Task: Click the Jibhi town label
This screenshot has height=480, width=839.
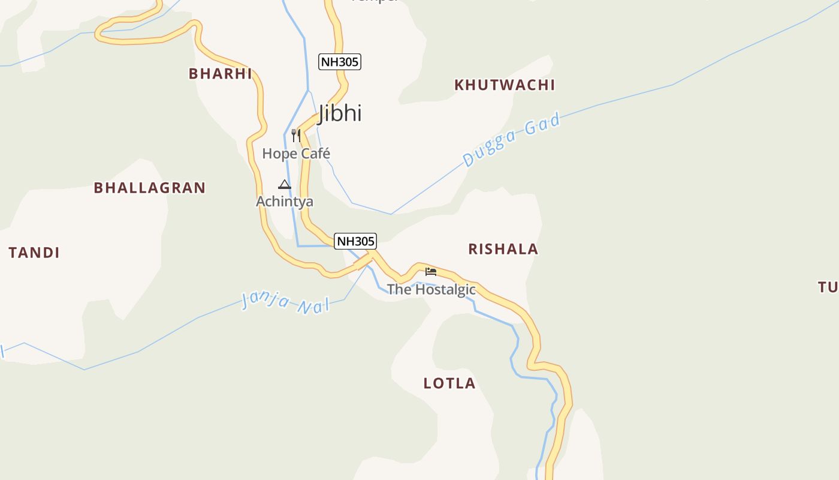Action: pos(340,113)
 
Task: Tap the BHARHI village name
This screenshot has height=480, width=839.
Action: pos(221,74)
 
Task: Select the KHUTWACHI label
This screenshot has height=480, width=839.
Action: pos(505,85)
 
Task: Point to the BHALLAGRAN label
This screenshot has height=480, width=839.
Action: pos(150,188)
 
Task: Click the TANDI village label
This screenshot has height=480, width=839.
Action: pos(34,253)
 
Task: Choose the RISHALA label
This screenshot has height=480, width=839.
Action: pos(503,249)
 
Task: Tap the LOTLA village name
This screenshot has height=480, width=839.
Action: pos(449,383)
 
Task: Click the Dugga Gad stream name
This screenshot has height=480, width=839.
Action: pos(512,140)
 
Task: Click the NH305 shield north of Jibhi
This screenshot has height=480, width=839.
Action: pos(340,62)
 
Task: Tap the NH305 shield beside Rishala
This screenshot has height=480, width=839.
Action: pos(355,241)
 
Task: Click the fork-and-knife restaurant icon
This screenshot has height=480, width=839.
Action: pos(295,136)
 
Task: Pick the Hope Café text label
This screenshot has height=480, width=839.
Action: pos(296,154)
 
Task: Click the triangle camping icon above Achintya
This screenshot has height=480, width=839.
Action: pos(285,184)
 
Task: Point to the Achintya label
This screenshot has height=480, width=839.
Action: pos(285,201)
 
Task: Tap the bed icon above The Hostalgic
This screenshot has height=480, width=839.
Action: pos(431,271)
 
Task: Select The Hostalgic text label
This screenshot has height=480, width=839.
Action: pos(431,289)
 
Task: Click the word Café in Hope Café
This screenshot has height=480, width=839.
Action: pos(315,154)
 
